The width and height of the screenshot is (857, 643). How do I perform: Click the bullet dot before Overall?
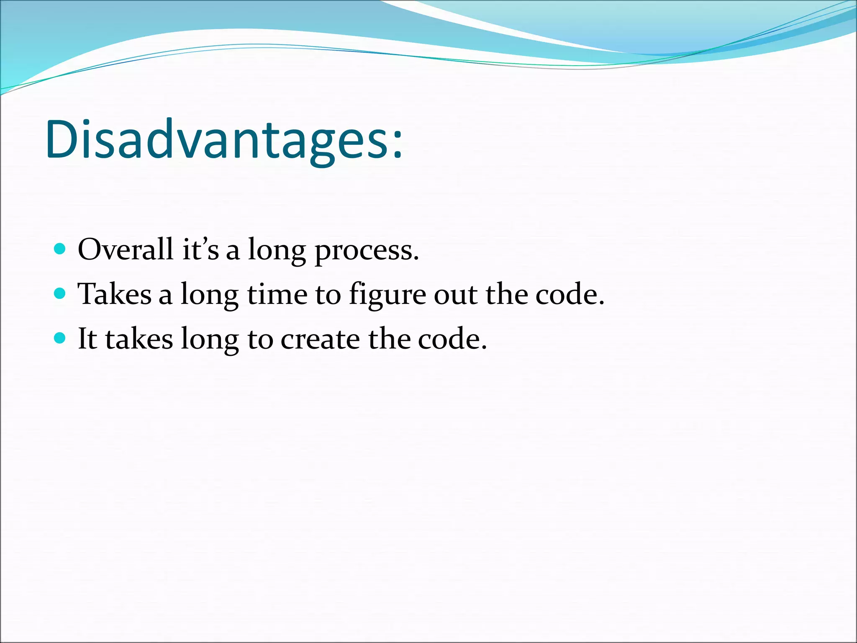60,249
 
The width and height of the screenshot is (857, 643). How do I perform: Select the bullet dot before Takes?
60,293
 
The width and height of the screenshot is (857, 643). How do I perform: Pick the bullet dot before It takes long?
60,338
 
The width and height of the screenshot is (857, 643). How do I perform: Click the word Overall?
125,249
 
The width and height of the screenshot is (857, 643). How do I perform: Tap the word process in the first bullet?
366,251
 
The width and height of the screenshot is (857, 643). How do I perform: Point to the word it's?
200,249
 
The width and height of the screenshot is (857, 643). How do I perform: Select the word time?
277,294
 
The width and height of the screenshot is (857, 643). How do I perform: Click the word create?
320,339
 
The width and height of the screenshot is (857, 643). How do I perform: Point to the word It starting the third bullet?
87,338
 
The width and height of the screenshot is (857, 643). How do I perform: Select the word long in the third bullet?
210,340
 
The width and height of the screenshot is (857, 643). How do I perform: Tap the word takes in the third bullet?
139,339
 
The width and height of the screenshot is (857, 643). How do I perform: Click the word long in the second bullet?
210,296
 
